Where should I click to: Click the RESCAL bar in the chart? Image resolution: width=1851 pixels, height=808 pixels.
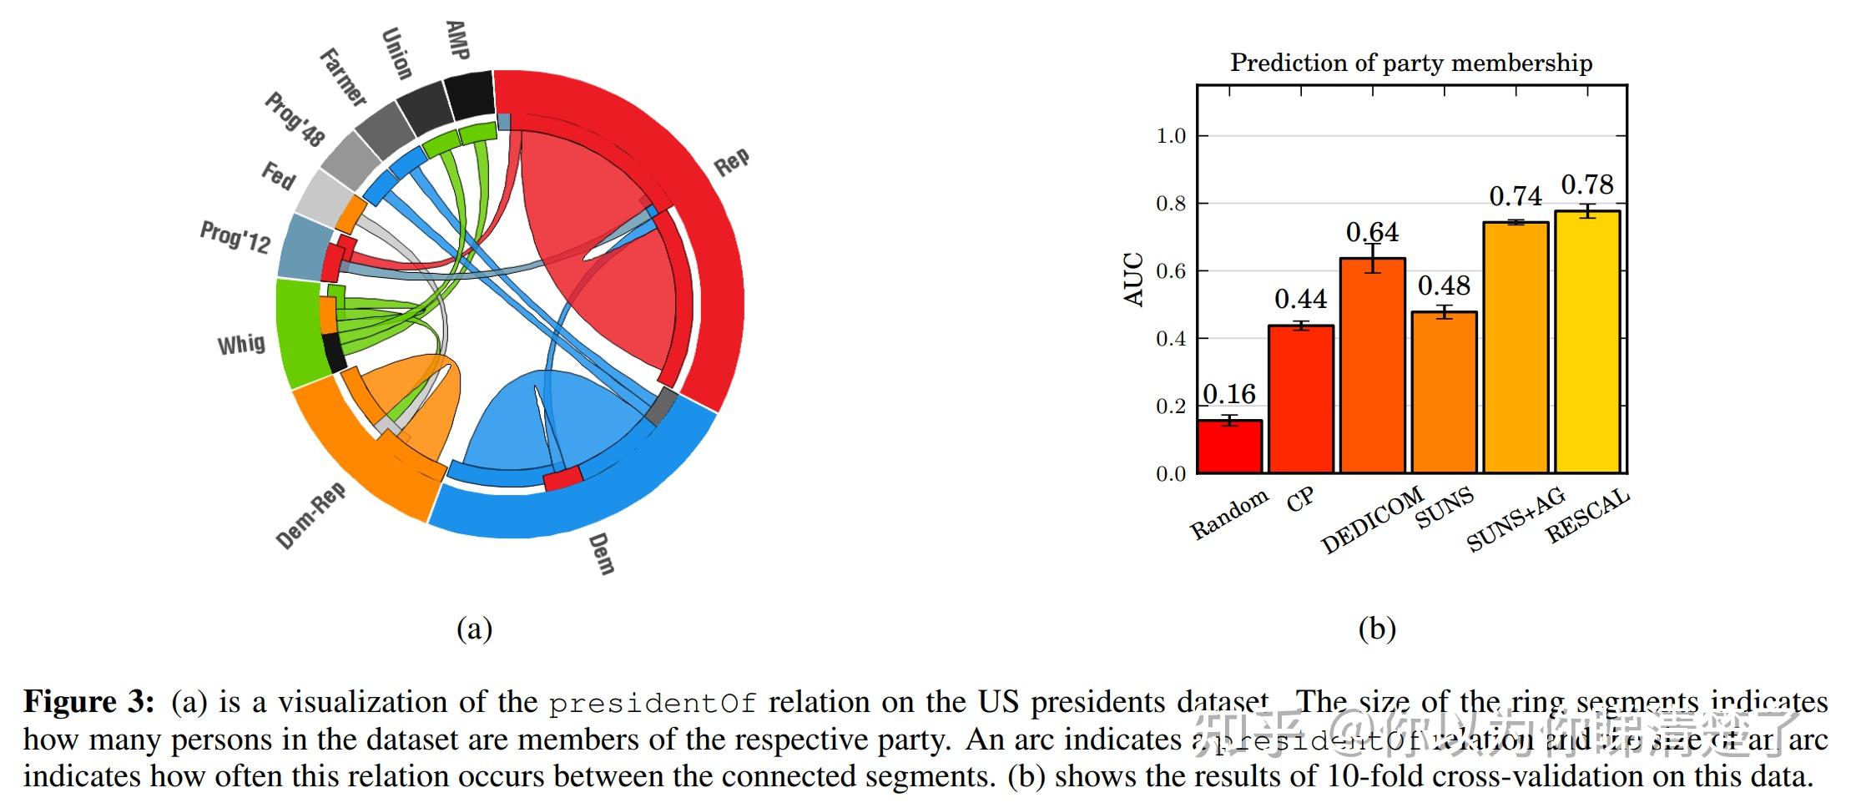pos(1587,342)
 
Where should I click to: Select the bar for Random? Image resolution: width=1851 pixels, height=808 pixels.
pos(1229,447)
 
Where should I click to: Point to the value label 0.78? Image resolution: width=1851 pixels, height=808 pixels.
pos(1587,184)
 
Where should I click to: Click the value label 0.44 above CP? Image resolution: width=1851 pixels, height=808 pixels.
pos(1300,299)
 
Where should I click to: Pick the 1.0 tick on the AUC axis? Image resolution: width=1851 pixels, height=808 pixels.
pos(1170,136)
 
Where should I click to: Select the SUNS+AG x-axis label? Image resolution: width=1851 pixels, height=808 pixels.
pos(1516,520)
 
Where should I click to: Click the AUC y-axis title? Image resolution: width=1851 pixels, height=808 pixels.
pos(1133,279)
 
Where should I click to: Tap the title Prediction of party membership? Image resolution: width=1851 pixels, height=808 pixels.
pos(1411,63)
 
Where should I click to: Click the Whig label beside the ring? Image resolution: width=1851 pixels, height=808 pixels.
pos(241,344)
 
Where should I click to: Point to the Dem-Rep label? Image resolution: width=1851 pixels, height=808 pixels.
pos(310,516)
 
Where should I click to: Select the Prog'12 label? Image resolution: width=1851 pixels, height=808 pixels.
pos(235,237)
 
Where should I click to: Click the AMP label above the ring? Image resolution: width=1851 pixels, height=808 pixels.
pos(457,40)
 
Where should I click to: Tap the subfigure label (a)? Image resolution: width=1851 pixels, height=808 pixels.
pos(474,628)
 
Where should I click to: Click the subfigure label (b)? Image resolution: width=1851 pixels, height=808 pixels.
pos(1377,628)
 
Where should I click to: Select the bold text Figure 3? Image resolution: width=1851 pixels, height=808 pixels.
pos(88,701)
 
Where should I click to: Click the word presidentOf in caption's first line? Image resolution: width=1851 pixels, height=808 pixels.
pos(652,703)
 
